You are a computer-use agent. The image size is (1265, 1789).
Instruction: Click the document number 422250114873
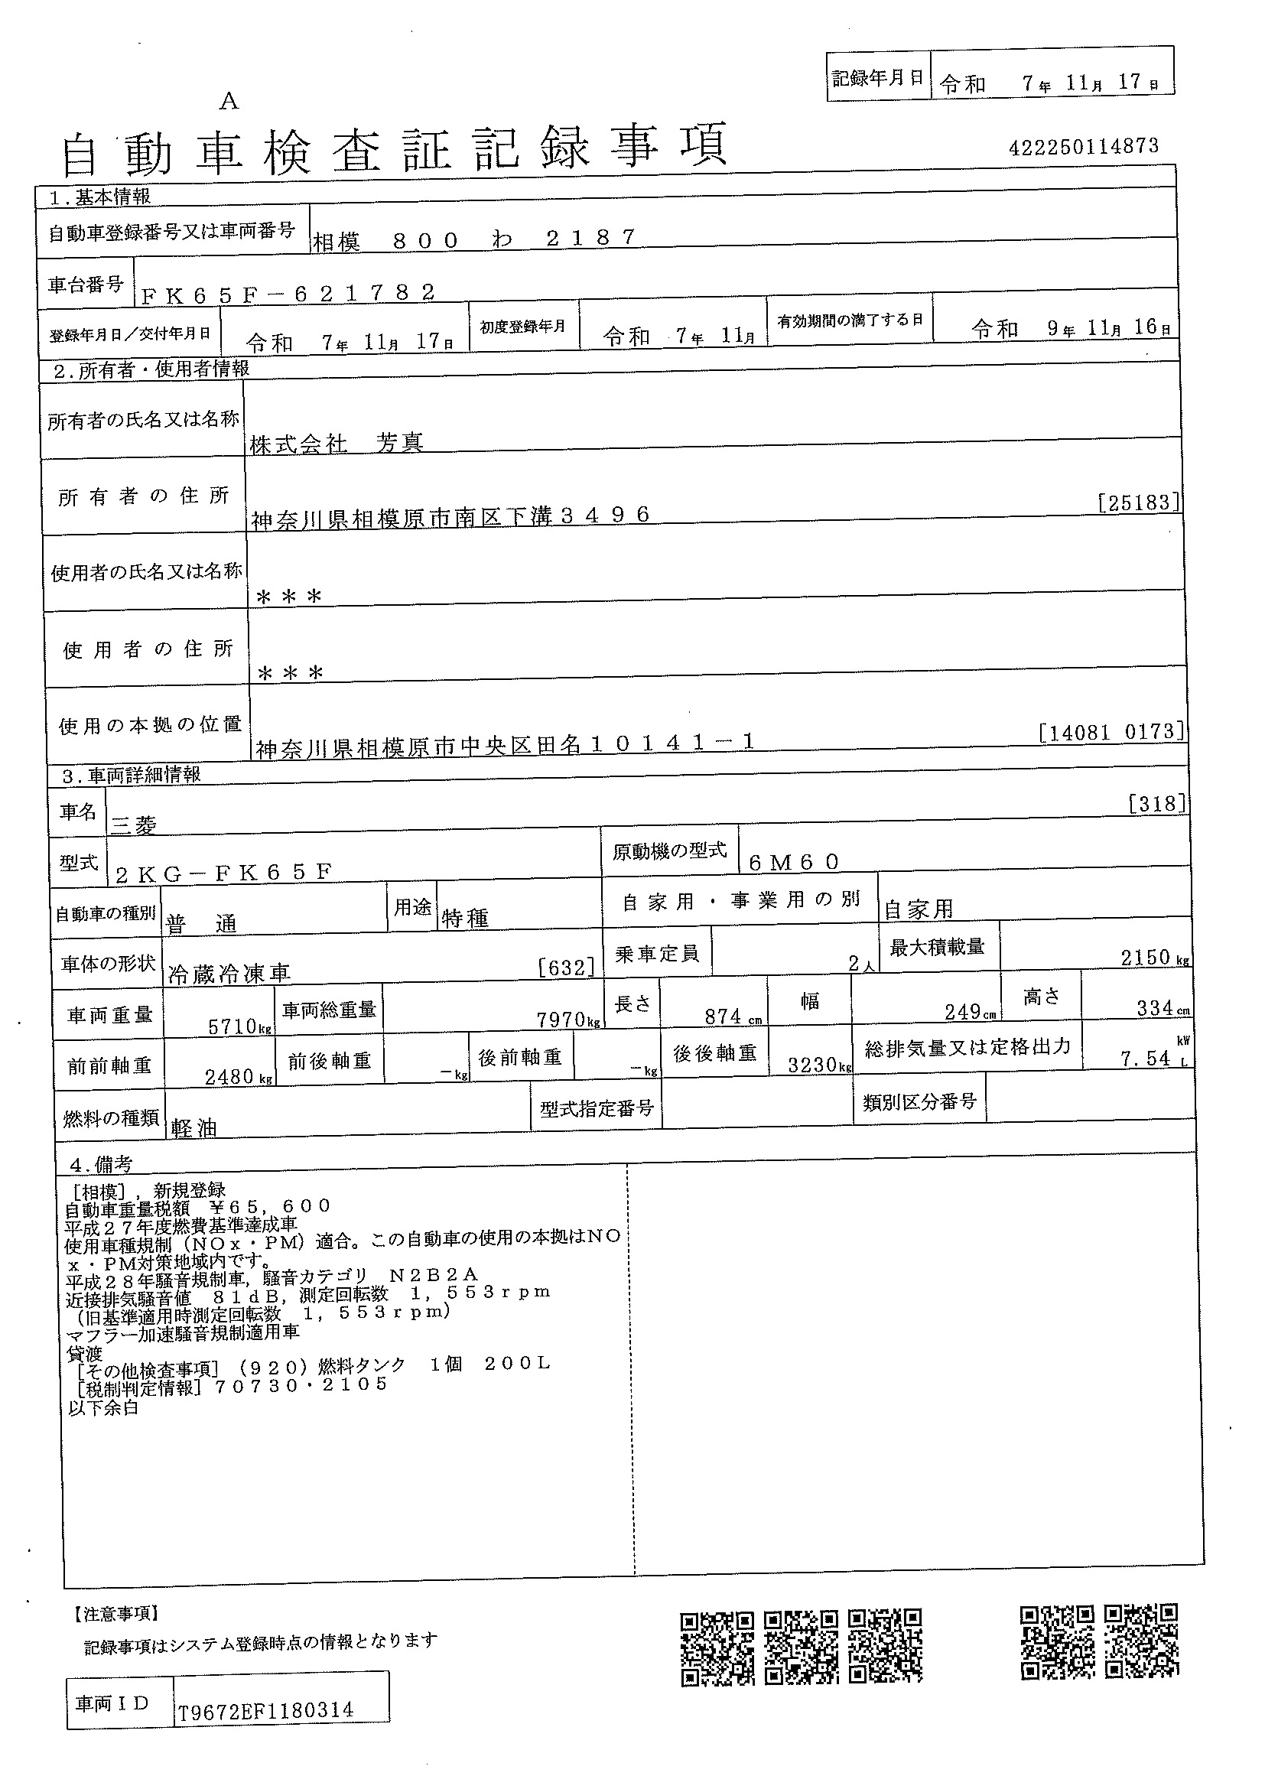point(1083,147)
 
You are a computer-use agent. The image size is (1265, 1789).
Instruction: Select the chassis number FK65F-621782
point(288,293)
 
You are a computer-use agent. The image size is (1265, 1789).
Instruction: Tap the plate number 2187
point(590,239)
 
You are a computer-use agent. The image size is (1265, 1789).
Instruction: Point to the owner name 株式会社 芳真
point(337,444)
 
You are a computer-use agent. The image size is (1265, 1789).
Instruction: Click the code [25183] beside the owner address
point(1138,503)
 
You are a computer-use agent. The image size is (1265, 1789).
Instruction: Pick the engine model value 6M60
point(793,862)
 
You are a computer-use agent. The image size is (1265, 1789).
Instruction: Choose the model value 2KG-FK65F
point(223,873)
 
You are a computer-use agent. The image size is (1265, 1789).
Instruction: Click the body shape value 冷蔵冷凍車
point(229,973)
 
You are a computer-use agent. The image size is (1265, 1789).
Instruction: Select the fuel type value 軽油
point(194,1127)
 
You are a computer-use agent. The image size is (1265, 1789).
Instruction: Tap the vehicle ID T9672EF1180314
point(265,1711)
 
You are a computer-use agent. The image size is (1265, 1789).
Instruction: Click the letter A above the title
point(228,101)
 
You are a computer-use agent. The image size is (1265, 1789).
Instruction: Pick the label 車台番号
point(86,285)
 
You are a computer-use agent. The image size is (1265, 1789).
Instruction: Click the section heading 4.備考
point(101,1164)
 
